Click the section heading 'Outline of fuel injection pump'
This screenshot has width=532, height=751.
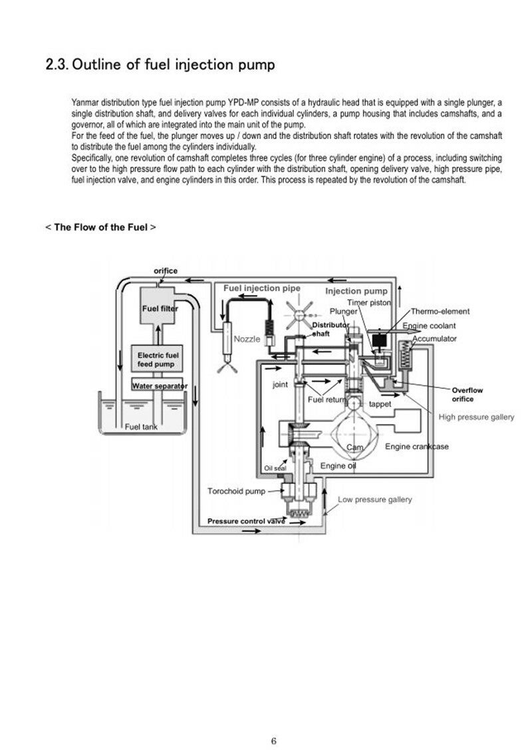coord(174,64)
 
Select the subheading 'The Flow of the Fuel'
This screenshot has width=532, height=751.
coord(100,227)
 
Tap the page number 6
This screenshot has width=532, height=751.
coord(274,741)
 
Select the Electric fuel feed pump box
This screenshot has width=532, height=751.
coord(157,359)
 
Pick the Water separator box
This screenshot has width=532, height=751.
coord(158,385)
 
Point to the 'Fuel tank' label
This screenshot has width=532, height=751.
coord(141,427)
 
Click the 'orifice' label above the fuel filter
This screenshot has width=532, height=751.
coord(166,270)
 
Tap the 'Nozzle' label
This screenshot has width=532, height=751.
coord(247,339)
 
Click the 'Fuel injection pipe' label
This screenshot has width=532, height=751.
coord(262,288)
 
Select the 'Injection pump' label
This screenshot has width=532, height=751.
coord(356,290)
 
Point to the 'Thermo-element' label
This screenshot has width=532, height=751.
coord(440,311)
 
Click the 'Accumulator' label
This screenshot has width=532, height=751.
coord(434,339)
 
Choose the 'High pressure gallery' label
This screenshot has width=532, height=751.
coord(476,417)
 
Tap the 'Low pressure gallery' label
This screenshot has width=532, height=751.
coord(375,500)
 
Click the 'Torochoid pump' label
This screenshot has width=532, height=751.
coord(236,491)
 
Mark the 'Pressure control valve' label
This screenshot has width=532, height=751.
coord(246,521)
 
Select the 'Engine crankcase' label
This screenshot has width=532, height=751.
coord(417,447)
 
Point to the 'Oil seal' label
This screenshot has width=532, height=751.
coord(275,468)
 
